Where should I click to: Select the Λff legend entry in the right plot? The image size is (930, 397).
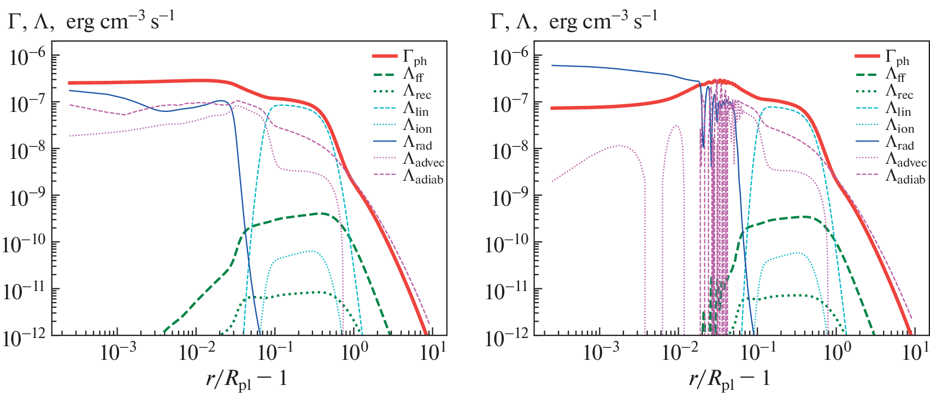coord(896,74)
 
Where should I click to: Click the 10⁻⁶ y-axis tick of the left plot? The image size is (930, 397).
coord(27,57)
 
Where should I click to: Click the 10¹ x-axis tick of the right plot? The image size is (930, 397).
coord(913,353)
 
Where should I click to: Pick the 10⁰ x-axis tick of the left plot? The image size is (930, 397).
coord(354,353)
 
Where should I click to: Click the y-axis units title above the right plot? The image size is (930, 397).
coord(574,21)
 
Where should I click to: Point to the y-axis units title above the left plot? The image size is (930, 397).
coord(91,21)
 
